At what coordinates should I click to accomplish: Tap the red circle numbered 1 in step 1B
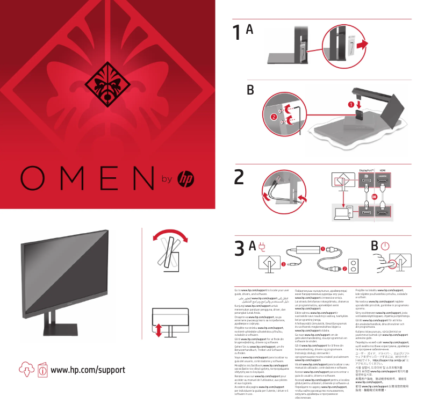351,104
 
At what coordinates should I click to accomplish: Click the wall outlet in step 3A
354,265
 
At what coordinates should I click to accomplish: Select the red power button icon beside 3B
384,246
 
